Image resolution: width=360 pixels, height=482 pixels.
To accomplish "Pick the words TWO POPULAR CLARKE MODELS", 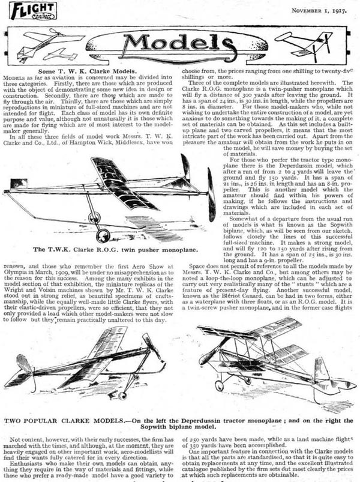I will pos(66,414).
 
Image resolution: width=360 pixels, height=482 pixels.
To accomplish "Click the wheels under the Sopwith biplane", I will pos(231,382).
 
